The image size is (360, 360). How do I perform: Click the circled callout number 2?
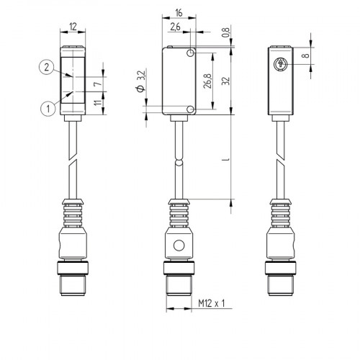coord(46,68)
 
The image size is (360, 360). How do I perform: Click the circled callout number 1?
coord(46,109)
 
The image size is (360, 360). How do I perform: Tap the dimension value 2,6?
coord(175,28)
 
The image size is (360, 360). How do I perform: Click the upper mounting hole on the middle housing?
coord(191,53)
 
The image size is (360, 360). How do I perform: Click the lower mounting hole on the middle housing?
coord(191,109)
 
